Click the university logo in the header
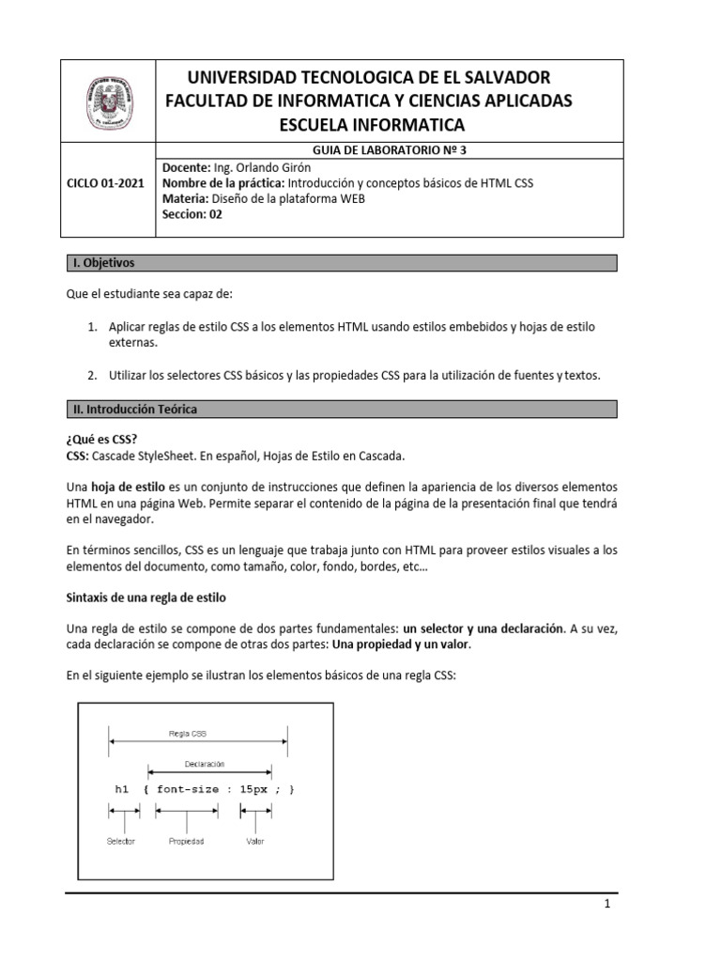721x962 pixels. point(104,101)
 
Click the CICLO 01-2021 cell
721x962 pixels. point(105,184)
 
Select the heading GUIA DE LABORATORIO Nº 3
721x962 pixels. point(387,149)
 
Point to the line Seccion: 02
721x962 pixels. point(193,213)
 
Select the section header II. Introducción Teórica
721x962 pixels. point(134,410)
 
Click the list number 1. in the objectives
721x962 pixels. point(92,326)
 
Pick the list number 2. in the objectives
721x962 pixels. point(92,375)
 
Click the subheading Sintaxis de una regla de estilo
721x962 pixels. point(146,597)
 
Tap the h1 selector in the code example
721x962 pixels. point(121,790)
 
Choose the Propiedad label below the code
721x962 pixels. point(186,841)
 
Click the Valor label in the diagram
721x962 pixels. point(254,841)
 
